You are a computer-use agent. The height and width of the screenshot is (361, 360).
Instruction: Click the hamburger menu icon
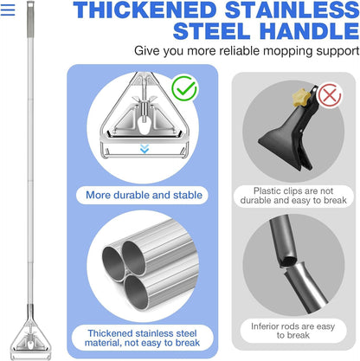click(x=9, y=10)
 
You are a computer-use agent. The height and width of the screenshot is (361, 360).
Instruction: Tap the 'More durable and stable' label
click(x=145, y=195)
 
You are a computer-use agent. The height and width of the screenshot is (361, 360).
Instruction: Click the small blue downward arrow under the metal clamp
click(x=144, y=148)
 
